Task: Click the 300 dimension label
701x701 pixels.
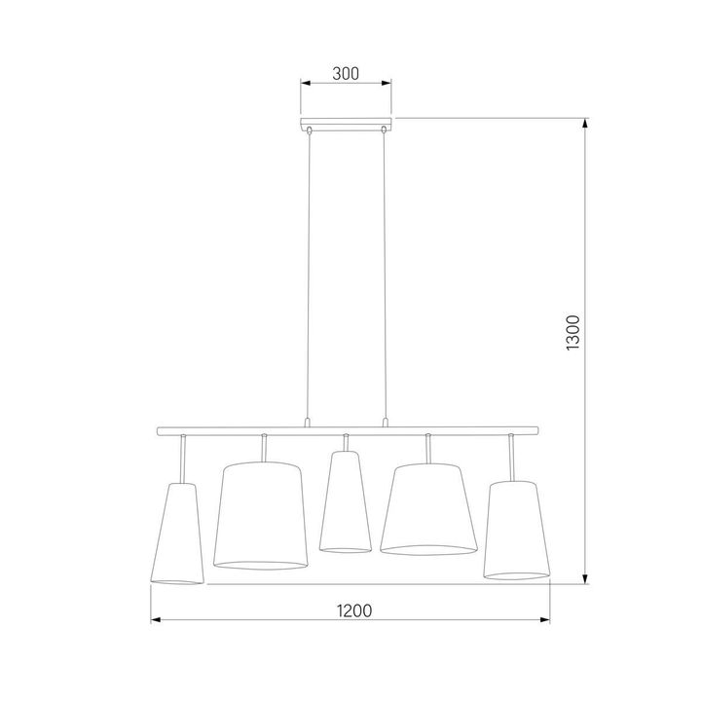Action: (346, 73)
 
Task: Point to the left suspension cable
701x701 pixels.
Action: (309, 273)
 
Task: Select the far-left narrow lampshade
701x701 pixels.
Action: (176, 535)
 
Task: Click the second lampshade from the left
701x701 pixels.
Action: (260, 516)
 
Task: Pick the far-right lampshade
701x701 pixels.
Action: (513, 530)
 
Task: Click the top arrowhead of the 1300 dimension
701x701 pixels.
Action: (585, 124)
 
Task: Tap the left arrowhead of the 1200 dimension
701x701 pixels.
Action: (156, 620)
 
